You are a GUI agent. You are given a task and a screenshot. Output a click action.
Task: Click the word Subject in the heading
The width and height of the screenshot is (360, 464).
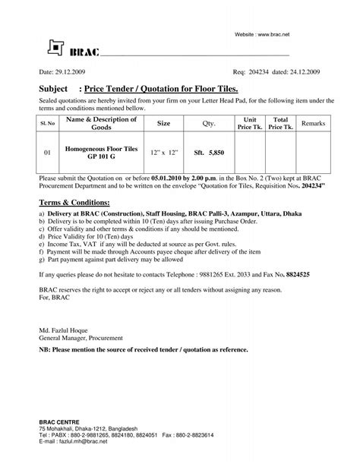click(x=54, y=89)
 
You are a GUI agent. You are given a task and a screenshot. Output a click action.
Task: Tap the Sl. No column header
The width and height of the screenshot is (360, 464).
click(x=47, y=122)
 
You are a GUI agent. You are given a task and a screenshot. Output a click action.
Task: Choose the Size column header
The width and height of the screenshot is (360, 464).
click(x=163, y=122)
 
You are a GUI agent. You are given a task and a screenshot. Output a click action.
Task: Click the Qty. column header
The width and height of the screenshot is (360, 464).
click(x=209, y=122)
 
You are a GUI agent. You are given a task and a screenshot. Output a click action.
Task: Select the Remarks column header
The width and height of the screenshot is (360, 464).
click(x=313, y=122)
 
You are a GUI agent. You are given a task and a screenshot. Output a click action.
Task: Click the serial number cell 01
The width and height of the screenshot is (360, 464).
click(x=47, y=152)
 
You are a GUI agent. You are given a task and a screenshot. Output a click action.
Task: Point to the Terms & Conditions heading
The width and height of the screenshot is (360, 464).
click(x=74, y=204)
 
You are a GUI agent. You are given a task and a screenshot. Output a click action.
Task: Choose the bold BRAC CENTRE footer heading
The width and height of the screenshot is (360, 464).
click(x=60, y=421)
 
